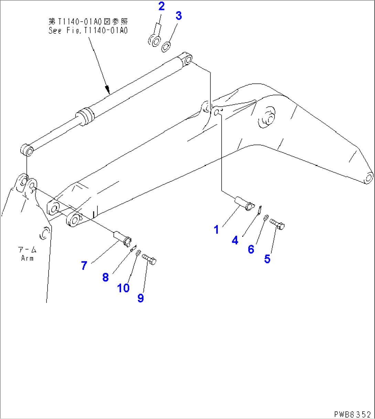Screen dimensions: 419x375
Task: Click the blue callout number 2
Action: coord(161,6)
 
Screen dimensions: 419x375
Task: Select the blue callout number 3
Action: coord(179,16)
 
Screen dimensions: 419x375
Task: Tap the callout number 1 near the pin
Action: coord(216,229)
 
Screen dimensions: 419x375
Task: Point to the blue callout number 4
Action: coord(235,240)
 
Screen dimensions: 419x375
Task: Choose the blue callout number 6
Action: coord(251,249)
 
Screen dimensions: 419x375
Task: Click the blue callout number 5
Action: coord(267,259)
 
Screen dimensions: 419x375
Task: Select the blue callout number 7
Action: coord(84,265)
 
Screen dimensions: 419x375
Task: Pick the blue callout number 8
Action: coord(106,277)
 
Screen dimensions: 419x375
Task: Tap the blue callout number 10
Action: coord(124,288)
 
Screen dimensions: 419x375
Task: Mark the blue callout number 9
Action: coord(140,298)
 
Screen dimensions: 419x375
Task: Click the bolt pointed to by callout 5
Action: coord(278,224)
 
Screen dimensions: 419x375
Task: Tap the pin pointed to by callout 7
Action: coord(122,237)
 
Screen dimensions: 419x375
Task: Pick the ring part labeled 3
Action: coord(166,46)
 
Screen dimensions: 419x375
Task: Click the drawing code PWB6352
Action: coord(353,414)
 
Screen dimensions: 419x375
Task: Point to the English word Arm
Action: coord(27,258)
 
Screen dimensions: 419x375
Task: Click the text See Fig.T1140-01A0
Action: coord(88,31)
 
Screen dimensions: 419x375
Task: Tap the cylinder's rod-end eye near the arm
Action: coord(26,150)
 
